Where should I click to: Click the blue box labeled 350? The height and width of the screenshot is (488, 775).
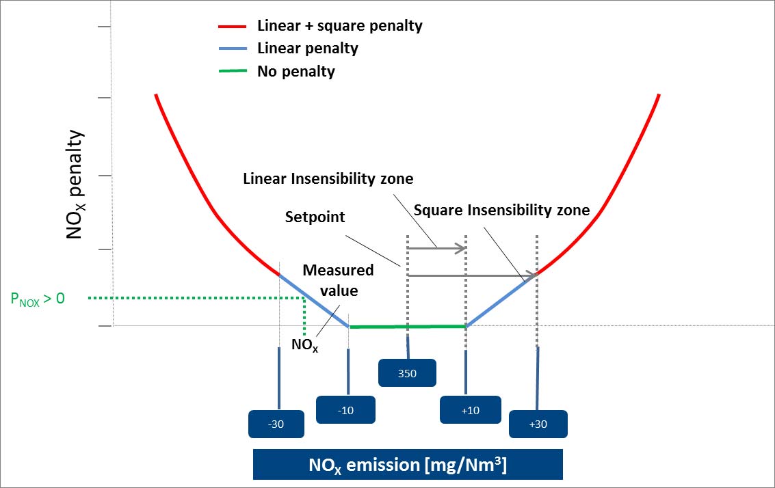(408, 373)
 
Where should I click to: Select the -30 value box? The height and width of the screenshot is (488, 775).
(276, 423)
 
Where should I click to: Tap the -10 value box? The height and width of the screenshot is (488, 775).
(345, 409)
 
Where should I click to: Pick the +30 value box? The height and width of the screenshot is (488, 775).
(538, 424)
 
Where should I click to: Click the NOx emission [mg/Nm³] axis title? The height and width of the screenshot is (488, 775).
(407, 465)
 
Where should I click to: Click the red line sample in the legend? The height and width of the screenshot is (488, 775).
(233, 27)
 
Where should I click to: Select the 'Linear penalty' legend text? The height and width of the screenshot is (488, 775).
(307, 49)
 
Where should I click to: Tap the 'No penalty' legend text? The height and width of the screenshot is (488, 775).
(295, 71)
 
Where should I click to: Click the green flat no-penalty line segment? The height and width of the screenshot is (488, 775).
(408, 327)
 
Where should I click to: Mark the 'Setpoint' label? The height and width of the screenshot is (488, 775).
(315, 217)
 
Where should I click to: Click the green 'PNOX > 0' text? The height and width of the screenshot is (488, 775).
(38, 298)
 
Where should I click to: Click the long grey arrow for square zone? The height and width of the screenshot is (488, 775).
(472, 275)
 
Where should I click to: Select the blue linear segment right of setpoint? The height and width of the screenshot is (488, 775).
(501, 300)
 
